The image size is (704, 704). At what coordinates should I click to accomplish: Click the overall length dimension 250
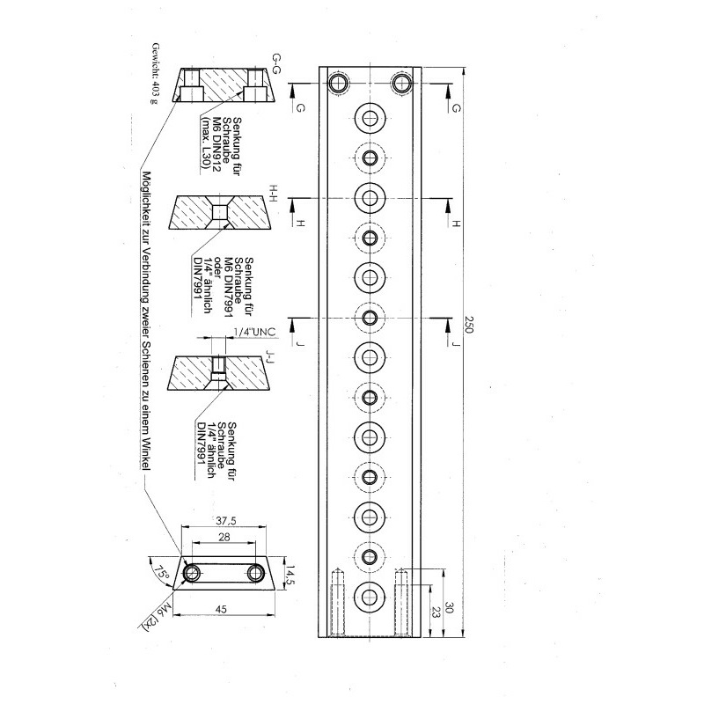[468, 325]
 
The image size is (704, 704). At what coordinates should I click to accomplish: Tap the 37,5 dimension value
[226, 521]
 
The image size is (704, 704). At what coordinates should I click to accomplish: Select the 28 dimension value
[224, 537]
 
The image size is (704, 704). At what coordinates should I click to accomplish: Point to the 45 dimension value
[222, 609]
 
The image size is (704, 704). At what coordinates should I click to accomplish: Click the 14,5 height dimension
[291, 575]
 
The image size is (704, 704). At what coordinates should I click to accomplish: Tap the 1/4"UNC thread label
[254, 333]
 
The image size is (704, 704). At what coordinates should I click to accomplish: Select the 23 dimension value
[434, 611]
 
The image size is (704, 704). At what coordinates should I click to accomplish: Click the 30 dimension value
[449, 607]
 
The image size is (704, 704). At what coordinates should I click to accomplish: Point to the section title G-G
[276, 63]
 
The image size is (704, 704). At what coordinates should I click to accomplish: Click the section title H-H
[274, 194]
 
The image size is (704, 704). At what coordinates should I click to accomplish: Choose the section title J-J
[270, 358]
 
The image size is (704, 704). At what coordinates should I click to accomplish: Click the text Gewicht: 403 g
[155, 73]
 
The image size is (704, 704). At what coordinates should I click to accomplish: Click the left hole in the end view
[193, 573]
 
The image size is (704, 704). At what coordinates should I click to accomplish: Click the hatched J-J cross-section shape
[218, 373]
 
